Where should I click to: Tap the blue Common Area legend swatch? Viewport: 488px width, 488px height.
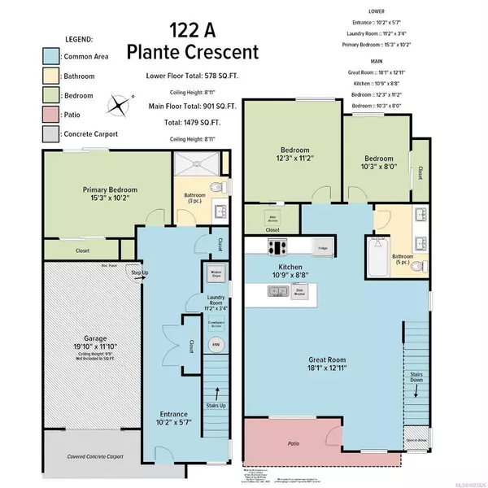(27, 56)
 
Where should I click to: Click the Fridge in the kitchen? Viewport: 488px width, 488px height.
(323, 247)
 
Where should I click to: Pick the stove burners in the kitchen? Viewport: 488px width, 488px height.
(281, 248)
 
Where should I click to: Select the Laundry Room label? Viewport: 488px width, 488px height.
(216, 303)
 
